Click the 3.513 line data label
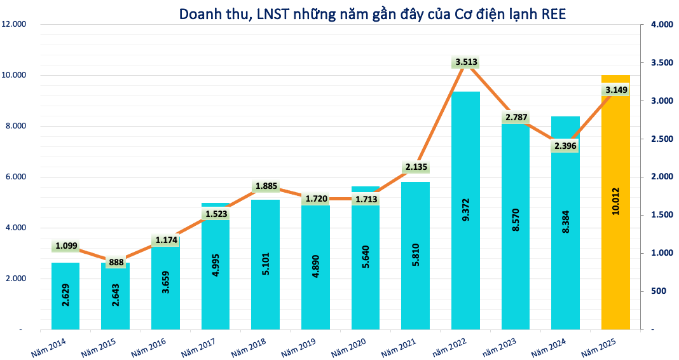[x=466, y=62]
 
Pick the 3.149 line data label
[x=616, y=90]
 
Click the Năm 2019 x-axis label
[x=299, y=346]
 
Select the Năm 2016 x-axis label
[x=149, y=346]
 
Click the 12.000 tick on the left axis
[x=13, y=24]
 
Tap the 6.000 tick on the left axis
[x=13, y=177]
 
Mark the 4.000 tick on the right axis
[x=661, y=25]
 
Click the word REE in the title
[x=554, y=13]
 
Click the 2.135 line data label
[x=416, y=167]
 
